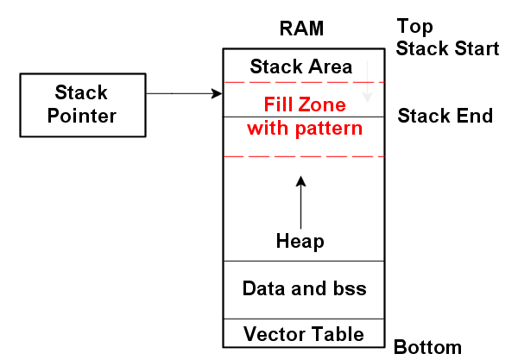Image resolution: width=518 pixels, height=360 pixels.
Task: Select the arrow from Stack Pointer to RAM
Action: (190, 92)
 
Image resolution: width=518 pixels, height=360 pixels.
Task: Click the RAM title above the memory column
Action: (301, 28)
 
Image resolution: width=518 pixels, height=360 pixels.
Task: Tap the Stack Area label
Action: (300, 66)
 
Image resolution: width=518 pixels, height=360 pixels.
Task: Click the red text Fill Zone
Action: (304, 106)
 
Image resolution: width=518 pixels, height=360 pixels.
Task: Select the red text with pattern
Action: (304, 129)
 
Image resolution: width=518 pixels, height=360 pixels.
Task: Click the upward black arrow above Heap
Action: (301, 199)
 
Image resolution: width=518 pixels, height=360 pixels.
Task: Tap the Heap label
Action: (300, 242)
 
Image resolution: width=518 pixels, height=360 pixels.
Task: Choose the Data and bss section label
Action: (304, 288)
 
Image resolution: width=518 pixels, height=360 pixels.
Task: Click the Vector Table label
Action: (303, 333)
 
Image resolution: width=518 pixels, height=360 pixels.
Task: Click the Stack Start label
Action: (447, 48)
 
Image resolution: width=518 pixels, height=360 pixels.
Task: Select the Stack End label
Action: (445, 116)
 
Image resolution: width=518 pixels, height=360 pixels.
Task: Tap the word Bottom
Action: (427, 347)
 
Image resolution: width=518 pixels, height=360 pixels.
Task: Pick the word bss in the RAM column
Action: (348, 288)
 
